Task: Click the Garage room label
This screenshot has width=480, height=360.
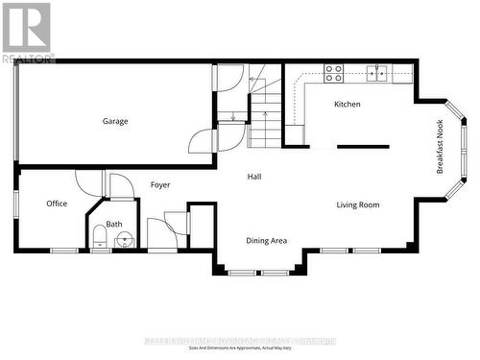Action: (116, 121)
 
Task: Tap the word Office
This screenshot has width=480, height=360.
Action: (57, 203)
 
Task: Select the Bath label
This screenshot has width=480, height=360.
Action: (114, 224)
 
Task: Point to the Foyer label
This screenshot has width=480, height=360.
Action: (160, 183)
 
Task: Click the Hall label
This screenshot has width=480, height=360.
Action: (254, 177)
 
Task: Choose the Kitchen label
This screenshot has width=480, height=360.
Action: (348, 104)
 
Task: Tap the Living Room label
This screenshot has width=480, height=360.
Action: (358, 204)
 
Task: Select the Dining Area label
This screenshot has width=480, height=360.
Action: (266, 240)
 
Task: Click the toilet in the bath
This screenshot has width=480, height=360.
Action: (101, 236)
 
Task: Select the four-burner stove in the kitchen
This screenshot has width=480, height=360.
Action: (334, 70)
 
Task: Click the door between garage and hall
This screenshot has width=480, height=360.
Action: (203, 141)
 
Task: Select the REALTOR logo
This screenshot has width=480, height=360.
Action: (26, 32)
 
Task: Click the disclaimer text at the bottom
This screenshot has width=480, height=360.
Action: (240, 348)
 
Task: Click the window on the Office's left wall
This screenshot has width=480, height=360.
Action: (15, 203)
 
